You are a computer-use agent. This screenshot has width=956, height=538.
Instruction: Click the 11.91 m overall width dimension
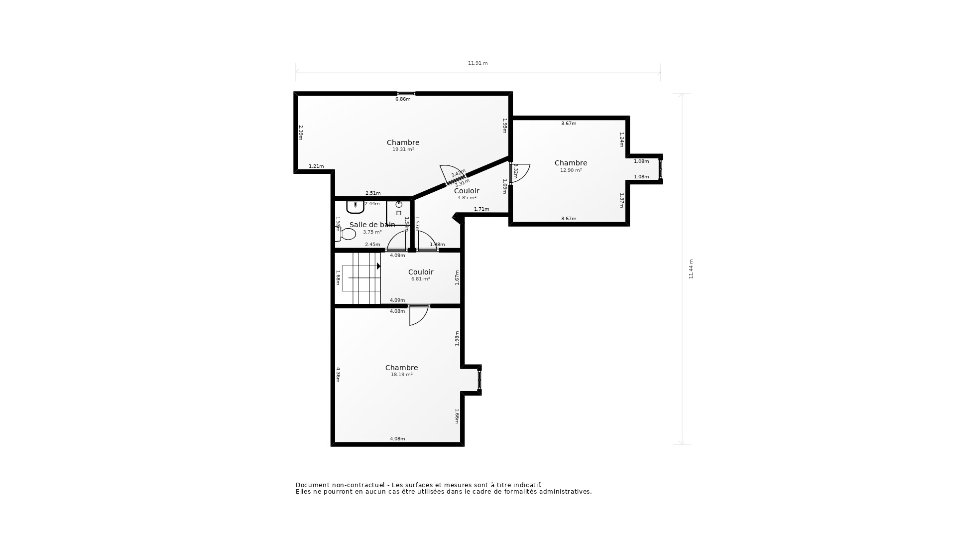pyautogui.click(x=478, y=63)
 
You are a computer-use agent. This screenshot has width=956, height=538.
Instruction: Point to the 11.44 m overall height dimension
pyautogui.click(x=691, y=269)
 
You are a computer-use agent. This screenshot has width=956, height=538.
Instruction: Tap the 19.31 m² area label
pyautogui.click(x=403, y=149)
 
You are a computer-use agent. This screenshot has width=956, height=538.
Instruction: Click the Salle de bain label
pyautogui.click(x=371, y=225)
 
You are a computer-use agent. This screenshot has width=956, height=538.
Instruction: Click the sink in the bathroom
pyautogui.click(x=355, y=206)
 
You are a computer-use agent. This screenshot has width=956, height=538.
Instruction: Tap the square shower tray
pyautogui.click(x=398, y=213)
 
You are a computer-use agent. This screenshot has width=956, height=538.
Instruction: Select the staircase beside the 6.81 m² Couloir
pyautogui.click(x=361, y=278)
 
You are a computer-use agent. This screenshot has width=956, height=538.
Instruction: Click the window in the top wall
pyautogui.click(x=406, y=93)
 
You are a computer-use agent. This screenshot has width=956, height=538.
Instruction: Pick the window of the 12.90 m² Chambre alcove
pyautogui.click(x=661, y=169)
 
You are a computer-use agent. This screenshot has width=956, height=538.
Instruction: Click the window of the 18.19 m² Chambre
pyautogui.click(x=479, y=380)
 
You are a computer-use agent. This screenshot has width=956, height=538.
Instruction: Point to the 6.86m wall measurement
pyautogui.click(x=403, y=99)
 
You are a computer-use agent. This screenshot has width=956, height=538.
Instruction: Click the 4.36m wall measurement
pyautogui.click(x=338, y=375)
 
